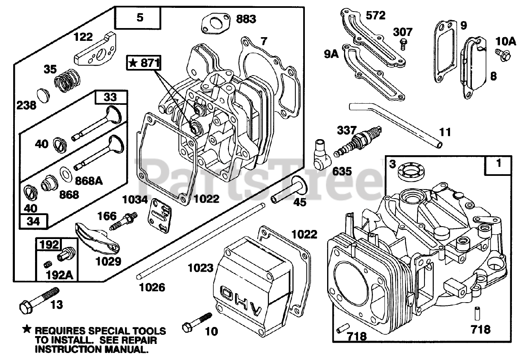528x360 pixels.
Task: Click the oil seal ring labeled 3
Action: tap(409, 170)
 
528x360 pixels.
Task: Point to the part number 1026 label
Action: tap(151, 287)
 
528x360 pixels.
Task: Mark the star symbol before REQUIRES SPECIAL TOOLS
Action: tap(27, 329)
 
